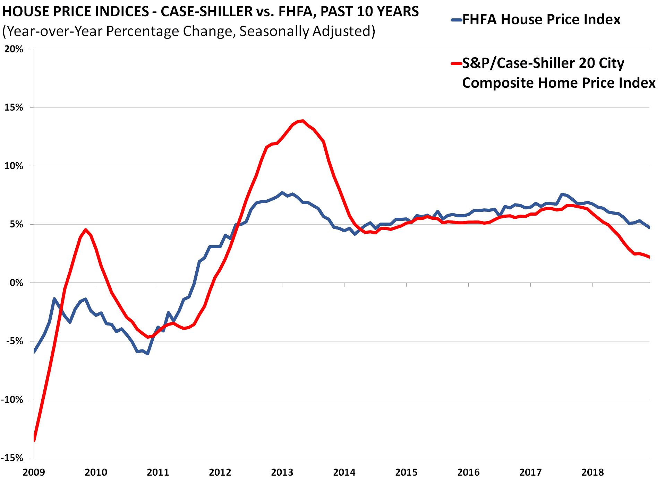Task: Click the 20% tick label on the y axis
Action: tap(14, 49)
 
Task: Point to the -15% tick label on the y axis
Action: tap(12, 458)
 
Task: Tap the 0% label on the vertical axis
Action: tap(16, 283)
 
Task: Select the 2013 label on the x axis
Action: tap(282, 472)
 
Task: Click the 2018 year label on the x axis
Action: tap(592, 472)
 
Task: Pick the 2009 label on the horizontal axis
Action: tap(34, 472)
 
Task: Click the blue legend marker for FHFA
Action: tap(456, 20)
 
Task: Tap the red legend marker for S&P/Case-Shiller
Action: tap(456, 63)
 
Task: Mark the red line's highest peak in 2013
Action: tap(303, 121)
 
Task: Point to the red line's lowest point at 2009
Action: tap(34, 440)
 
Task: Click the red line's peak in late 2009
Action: tap(86, 229)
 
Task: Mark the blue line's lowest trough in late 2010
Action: tap(148, 354)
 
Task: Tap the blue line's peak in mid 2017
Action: tap(562, 194)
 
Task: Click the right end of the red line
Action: tap(649, 257)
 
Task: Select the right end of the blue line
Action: tap(649, 227)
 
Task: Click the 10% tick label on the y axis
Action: tap(14, 166)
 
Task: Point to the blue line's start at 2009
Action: tap(34, 352)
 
